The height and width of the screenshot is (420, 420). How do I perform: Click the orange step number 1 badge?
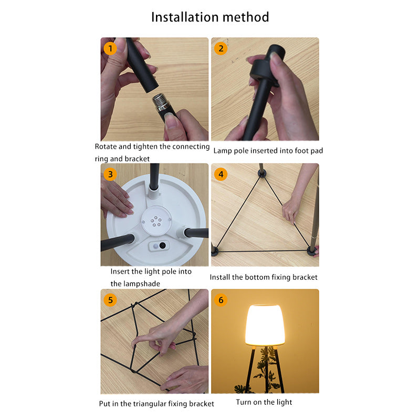110,48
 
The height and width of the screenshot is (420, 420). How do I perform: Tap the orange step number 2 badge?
220,48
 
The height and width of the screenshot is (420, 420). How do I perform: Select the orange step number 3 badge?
110,174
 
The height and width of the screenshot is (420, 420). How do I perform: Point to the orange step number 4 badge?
220,174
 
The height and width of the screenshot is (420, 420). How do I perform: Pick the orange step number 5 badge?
110,300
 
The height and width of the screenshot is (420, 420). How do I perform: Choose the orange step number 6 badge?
220,300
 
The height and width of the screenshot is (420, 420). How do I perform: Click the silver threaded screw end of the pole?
161,102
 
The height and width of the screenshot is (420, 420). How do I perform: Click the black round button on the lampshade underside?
162,245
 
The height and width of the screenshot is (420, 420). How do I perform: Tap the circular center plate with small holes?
156,220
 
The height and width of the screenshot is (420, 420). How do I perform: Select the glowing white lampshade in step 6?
265,325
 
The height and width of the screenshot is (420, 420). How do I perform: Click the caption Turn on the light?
264,402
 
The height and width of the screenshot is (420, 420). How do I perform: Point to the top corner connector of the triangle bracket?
261,174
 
